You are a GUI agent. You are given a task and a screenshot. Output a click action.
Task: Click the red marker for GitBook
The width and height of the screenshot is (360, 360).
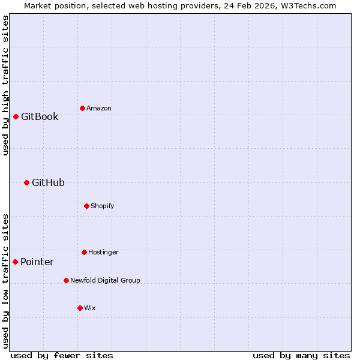click(16, 116)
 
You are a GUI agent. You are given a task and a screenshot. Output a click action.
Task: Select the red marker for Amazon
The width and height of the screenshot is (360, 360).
click(82, 108)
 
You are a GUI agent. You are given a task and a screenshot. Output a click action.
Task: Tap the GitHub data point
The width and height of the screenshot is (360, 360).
click(26, 182)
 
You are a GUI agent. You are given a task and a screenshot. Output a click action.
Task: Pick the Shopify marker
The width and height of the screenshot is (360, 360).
click(86, 206)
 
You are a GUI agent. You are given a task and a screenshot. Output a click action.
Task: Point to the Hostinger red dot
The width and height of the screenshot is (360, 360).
click(84, 252)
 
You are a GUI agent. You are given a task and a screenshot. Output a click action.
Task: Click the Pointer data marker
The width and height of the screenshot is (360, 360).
click(15, 262)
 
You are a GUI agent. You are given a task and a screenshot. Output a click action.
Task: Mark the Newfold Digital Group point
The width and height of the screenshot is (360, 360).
click(66, 280)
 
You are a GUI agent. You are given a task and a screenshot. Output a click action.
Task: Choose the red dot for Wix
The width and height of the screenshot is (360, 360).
click(80, 308)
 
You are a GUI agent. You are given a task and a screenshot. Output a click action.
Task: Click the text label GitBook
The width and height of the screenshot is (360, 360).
click(40, 116)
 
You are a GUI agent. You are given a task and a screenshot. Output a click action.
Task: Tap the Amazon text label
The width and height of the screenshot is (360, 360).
click(99, 108)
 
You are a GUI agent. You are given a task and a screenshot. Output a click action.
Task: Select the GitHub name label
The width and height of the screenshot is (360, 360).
click(48, 182)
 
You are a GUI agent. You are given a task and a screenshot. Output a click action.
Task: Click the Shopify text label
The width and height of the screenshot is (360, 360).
click(103, 206)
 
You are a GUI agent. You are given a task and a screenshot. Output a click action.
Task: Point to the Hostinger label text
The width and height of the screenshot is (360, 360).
click(103, 252)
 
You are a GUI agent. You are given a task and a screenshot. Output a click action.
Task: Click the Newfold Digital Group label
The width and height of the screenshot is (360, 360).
click(105, 280)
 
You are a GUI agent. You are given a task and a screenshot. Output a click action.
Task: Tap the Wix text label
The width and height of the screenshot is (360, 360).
click(90, 308)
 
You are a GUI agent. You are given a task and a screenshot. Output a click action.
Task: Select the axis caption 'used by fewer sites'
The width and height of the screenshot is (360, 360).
click(62, 355)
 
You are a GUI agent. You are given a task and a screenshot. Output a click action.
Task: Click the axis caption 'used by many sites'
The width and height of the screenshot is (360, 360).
click(301, 355)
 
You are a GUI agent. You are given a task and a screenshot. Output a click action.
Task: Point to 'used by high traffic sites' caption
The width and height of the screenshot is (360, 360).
click(5, 85)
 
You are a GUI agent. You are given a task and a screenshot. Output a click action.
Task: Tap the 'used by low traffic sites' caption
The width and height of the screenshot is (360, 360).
click(5, 281)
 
